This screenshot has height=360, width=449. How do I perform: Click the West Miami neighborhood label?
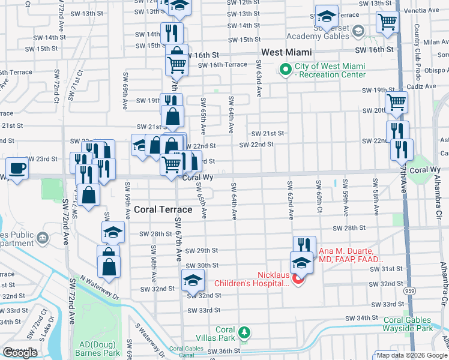tap(285, 53)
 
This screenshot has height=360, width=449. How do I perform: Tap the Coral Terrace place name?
tap(163, 209)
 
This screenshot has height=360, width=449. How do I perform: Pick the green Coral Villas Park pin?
tap(244, 332)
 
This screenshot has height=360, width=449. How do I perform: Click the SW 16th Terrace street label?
tap(222, 65)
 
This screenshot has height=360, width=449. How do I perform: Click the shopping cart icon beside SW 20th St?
tap(396, 102)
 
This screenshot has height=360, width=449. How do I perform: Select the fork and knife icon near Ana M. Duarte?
tap(304, 246)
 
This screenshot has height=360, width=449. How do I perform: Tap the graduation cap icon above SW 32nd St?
tap(193, 280)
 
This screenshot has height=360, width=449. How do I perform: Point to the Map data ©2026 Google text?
tap(411, 355)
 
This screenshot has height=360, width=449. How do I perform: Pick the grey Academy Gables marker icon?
tap(358, 30)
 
